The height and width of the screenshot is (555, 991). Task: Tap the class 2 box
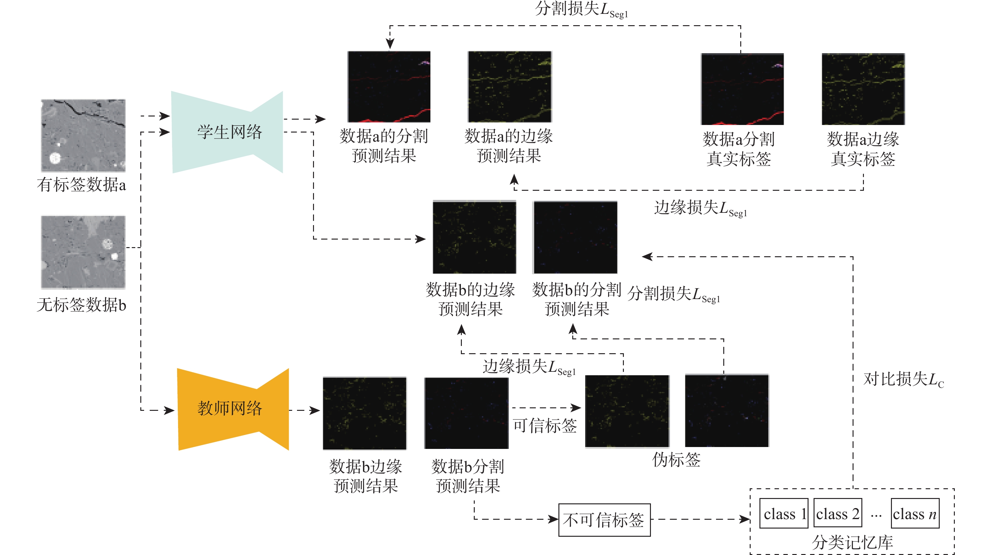pyautogui.click(x=837, y=513)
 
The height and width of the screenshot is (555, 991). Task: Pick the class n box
pyautogui.click(x=915, y=513)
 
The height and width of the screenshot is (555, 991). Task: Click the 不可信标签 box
pyautogui.click(x=604, y=520)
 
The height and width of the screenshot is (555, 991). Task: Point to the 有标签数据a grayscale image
pyautogui.click(x=83, y=135)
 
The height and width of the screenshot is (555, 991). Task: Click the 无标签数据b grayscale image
pyautogui.click(x=83, y=252)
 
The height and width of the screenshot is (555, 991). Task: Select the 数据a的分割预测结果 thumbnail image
pyautogui.click(x=389, y=87)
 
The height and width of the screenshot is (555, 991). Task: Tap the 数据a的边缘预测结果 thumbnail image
pyautogui.click(x=509, y=87)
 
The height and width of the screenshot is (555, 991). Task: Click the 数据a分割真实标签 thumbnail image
pyautogui.click(x=742, y=89)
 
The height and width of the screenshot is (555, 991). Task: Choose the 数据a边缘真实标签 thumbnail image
pyautogui.click(x=863, y=89)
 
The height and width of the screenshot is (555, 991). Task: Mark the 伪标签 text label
pyautogui.click(x=676, y=460)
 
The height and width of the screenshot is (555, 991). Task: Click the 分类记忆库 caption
pyautogui.click(x=852, y=542)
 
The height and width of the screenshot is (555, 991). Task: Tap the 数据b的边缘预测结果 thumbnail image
pyautogui.click(x=474, y=237)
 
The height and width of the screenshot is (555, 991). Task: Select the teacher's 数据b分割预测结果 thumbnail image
pyautogui.click(x=466, y=413)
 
